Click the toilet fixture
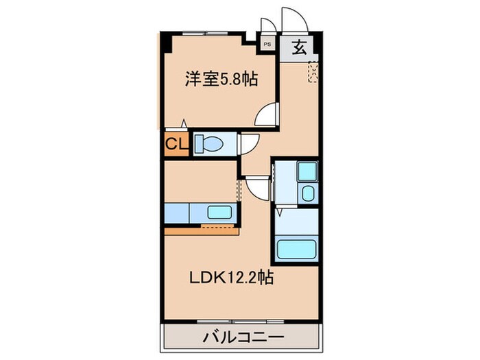point(208,145)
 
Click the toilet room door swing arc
point(247,142)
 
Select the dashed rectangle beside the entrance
point(313,71)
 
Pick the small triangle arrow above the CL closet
point(183,123)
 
